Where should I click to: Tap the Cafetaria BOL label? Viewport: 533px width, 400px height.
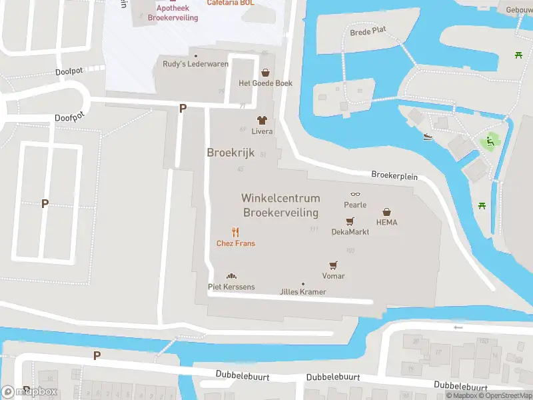tap(231, 3)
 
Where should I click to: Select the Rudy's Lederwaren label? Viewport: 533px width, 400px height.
tap(196, 64)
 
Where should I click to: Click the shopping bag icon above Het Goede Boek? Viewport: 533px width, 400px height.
tap(266, 73)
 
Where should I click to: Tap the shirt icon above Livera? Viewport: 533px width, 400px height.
tap(262, 121)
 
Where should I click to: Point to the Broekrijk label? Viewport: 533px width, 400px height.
tap(231, 153)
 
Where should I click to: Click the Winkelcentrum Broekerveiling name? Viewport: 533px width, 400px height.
tap(280, 205)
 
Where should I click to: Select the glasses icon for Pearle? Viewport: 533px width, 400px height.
tap(355, 195)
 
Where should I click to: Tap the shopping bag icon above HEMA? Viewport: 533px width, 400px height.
tap(386, 212)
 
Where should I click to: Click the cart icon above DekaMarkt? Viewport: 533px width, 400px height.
tap(350, 221)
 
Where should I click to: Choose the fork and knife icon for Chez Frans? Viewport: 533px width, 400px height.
tap(235, 232)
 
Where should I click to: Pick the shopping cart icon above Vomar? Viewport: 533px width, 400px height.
tap(333, 265)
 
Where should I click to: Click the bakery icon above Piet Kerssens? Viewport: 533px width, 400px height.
tap(231, 276)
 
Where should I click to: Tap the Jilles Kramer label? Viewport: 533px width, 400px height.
tap(303, 292)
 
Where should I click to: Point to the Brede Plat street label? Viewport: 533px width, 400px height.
tap(368, 31)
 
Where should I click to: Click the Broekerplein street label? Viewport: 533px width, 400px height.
tap(394, 176)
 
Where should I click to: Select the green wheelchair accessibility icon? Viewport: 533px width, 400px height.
tap(490, 141)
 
